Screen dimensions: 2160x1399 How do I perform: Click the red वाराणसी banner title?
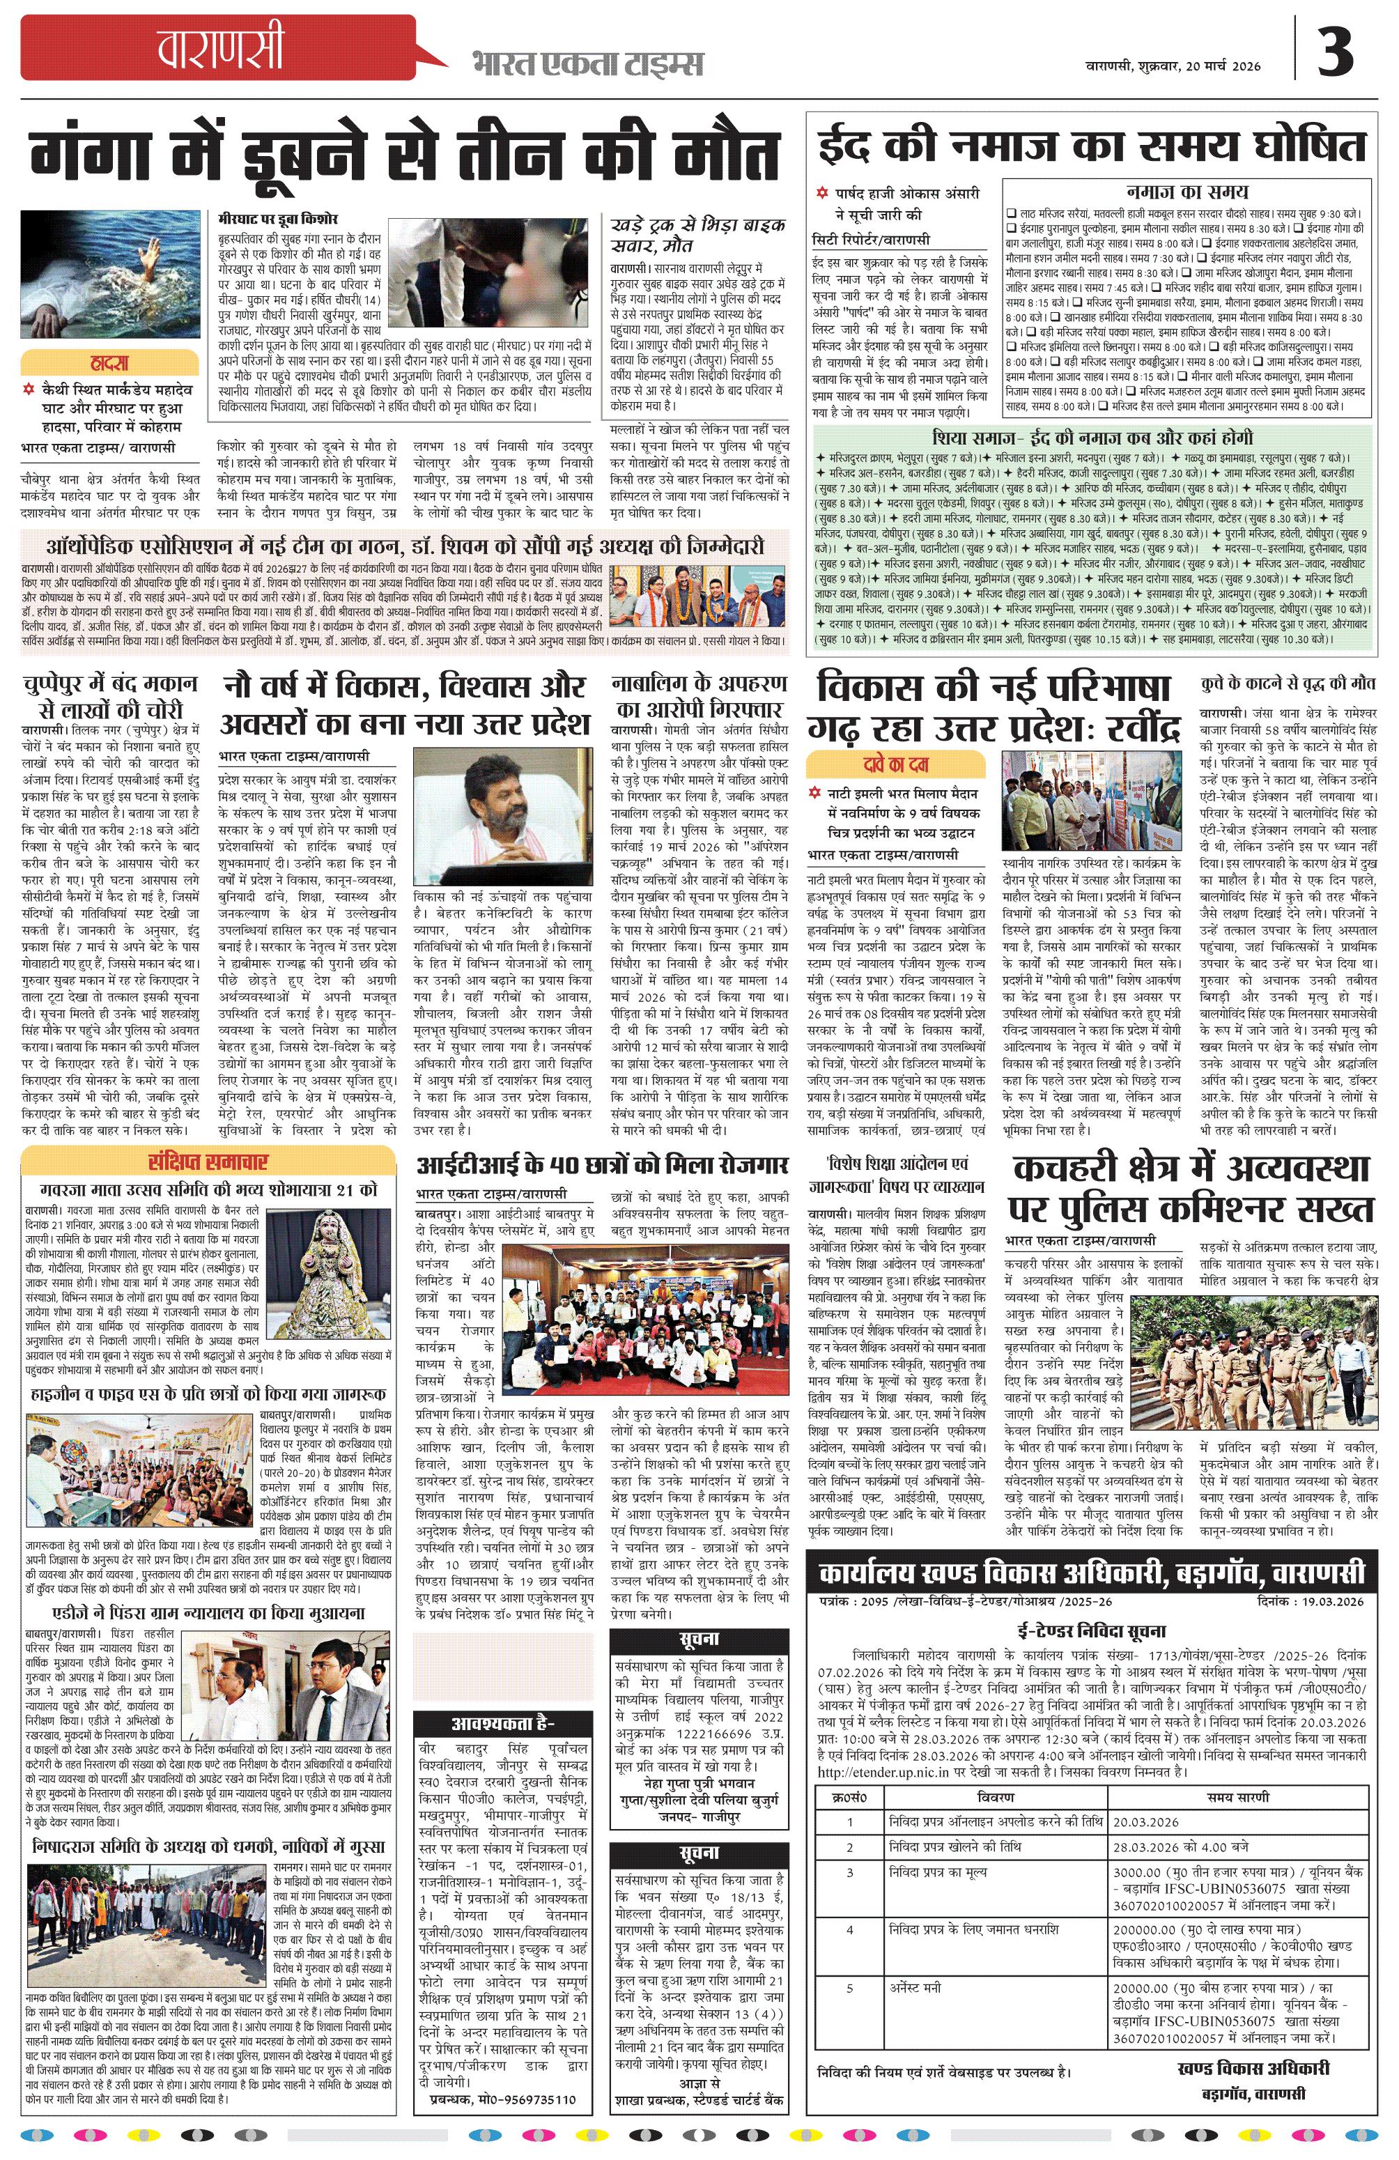coord(219,48)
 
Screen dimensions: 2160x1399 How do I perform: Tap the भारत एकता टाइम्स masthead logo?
coord(587,64)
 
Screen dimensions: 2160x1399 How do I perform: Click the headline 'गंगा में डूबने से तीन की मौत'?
coord(405,154)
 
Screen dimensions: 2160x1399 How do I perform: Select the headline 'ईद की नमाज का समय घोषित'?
coord(1092,145)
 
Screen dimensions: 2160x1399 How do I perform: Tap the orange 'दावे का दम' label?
coord(895,764)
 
